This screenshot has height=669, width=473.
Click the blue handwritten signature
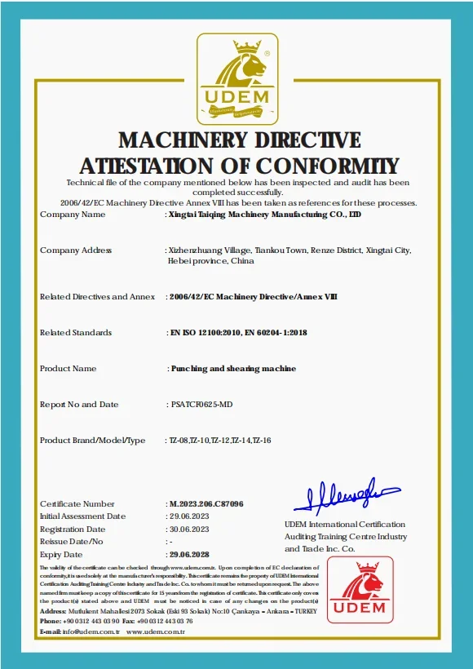(347, 494)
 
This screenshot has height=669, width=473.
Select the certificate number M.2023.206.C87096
(205, 504)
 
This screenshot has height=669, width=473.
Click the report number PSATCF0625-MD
(201, 405)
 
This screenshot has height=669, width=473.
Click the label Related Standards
(76, 333)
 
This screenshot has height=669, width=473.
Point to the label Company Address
(76, 250)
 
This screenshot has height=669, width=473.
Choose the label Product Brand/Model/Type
(92, 441)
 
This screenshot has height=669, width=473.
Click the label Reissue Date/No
(72, 542)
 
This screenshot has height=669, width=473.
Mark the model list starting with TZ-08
(219, 441)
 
